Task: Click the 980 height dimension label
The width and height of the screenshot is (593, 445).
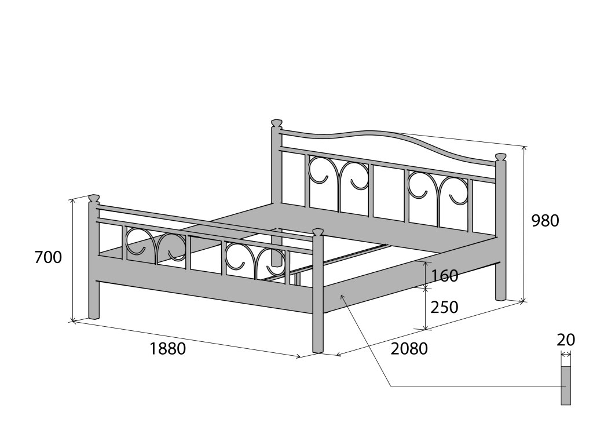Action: (x=546, y=221)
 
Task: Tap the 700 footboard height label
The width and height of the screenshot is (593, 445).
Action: (x=48, y=257)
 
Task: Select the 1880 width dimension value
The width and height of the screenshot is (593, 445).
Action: (x=167, y=349)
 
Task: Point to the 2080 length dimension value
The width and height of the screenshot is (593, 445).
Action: (x=409, y=349)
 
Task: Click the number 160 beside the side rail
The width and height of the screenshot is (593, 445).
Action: (x=445, y=276)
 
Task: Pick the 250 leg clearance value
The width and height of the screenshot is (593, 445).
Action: (x=445, y=307)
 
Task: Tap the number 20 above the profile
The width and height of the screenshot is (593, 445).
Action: (x=566, y=340)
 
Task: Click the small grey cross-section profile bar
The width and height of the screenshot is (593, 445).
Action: (x=566, y=385)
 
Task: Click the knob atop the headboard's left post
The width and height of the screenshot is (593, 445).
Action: (x=277, y=123)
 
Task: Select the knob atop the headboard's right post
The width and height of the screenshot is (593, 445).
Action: (x=500, y=156)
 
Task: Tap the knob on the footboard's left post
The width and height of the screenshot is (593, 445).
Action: (x=93, y=199)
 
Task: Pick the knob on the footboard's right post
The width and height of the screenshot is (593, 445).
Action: (x=317, y=232)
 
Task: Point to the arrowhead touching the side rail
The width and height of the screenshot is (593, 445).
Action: (x=342, y=297)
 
